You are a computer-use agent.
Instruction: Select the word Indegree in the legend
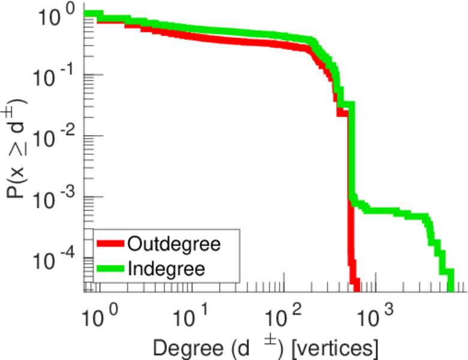click(x=166, y=269)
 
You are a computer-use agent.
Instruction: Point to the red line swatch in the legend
click(x=111, y=244)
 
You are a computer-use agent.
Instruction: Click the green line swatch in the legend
click(x=111, y=269)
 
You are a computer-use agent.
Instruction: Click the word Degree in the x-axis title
click(x=184, y=347)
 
